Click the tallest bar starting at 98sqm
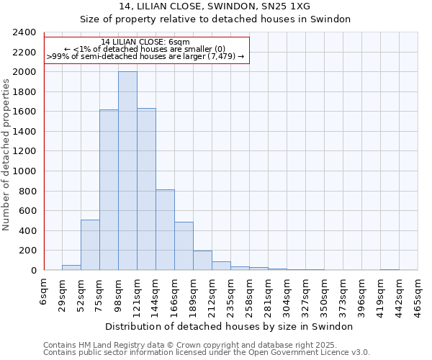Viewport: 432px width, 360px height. click(x=127, y=171)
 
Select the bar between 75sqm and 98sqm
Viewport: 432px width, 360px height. click(x=109, y=190)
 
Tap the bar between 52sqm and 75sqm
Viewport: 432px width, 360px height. click(x=90, y=245)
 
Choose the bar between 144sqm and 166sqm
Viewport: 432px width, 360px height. click(x=165, y=230)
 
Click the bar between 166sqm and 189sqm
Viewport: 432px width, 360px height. click(x=184, y=246)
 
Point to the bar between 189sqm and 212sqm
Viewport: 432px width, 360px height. click(x=202, y=261)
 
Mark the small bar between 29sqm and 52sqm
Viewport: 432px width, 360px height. click(x=71, y=268)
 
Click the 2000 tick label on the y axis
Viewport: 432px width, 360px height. click(x=24, y=72)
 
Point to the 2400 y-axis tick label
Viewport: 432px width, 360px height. click(x=24, y=32)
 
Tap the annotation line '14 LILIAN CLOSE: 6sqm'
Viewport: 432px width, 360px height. click(x=145, y=42)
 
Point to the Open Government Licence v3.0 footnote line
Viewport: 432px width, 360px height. click(x=207, y=352)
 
